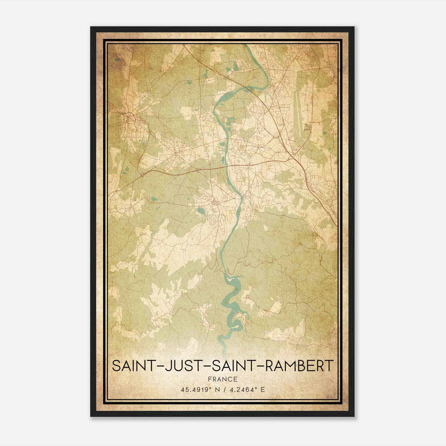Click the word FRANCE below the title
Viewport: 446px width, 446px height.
[x=222, y=379]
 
